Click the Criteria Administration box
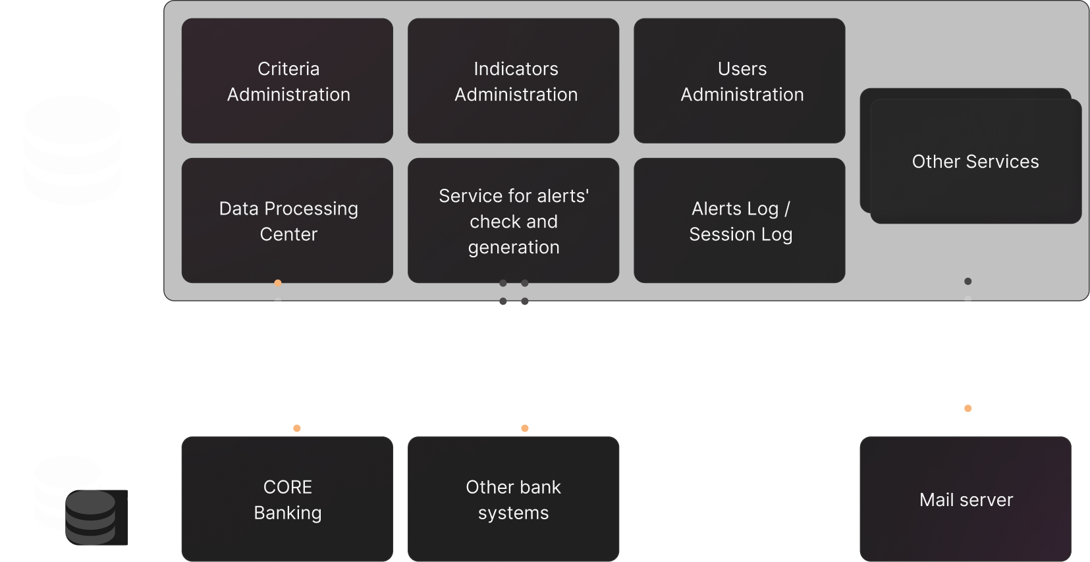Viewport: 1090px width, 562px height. point(288,81)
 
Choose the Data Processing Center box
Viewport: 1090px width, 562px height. point(288,221)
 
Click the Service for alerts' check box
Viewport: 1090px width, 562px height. point(514,221)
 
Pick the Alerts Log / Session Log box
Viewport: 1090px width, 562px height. point(740,221)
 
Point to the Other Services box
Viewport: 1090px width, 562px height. point(975,162)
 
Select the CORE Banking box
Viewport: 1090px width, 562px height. point(288,499)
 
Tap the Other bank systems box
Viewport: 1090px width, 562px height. point(514,499)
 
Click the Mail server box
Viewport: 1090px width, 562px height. point(966,499)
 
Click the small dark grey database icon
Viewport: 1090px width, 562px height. point(91,518)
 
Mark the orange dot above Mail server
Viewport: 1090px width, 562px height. point(967,409)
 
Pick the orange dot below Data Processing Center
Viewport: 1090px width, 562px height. point(278,283)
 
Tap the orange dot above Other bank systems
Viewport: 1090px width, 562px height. point(525,428)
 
